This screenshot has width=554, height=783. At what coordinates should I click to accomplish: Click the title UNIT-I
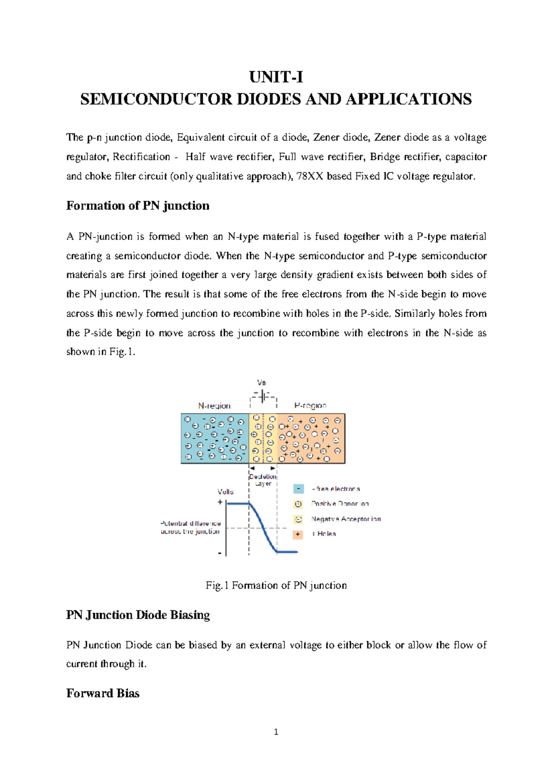tap(276, 77)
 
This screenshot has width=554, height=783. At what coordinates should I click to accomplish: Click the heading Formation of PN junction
tap(138, 206)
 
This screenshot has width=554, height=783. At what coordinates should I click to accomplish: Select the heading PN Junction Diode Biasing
tap(138, 615)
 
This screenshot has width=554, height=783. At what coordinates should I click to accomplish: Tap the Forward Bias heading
tap(102, 693)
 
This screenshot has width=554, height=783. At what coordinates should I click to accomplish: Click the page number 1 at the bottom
tap(276, 732)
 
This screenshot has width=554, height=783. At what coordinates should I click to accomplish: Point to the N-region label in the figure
tap(214, 406)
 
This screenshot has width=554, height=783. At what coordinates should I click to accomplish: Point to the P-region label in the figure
tap(310, 405)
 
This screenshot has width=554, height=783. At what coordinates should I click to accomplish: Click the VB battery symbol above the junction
tap(263, 396)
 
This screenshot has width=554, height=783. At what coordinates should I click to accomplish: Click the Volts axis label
tap(225, 492)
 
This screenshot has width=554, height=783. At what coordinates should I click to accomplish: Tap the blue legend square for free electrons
tap(299, 489)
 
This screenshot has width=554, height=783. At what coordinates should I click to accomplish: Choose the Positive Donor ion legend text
tap(340, 504)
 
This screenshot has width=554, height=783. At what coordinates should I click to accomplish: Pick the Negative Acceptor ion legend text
tap(346, 519)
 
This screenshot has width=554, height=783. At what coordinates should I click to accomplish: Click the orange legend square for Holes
tap(298, 534)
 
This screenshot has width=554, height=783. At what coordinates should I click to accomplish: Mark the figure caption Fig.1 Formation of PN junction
tap(276, 585)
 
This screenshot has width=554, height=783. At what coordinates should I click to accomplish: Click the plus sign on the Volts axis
tap(220, 502)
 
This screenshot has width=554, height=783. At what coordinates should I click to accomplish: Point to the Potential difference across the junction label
tap(190, 527)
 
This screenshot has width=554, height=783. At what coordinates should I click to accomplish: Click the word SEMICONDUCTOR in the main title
tap(156, 99)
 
